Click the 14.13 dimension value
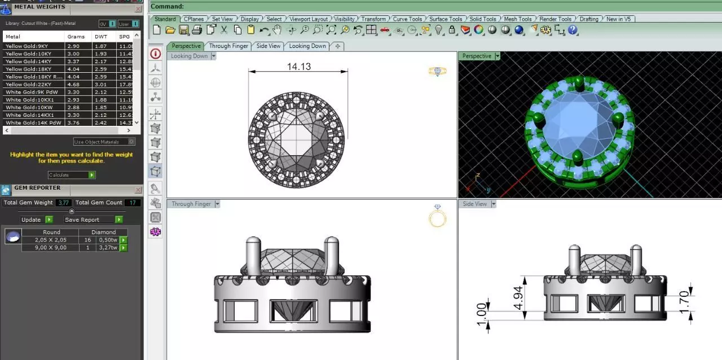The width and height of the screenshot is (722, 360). click(298, 67)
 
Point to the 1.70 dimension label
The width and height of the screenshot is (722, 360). click(684, 302)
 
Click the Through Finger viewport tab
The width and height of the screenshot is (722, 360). click(228, 46)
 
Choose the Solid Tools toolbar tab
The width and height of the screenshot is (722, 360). click(483, 19)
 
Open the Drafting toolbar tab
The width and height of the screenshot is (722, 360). click(589, 19)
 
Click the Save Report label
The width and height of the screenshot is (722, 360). click(82, 219)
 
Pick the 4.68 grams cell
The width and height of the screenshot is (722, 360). click(73, 84)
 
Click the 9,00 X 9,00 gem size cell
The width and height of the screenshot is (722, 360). click(51, 247)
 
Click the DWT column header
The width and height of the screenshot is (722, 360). click(100, 37)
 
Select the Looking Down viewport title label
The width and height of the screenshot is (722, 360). click(189, 56)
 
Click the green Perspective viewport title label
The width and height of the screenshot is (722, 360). click(477, 56)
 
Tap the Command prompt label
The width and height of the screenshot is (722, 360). click(167, 6)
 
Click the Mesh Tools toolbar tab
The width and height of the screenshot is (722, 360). click(517, 19)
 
